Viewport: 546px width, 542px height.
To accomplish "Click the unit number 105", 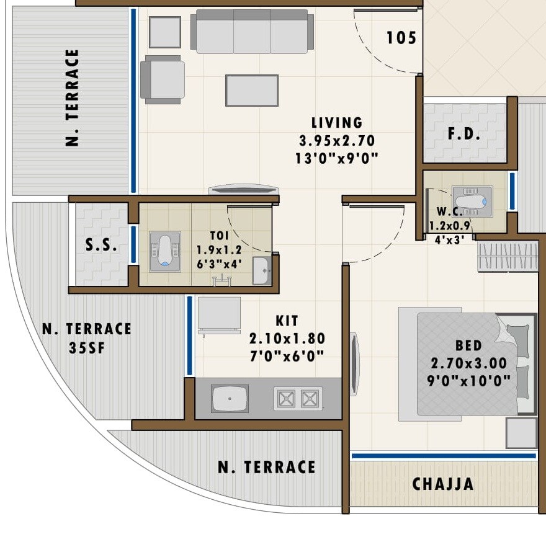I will (x=401, y=38).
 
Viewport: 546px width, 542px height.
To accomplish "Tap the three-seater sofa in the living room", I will (x=252, y=32).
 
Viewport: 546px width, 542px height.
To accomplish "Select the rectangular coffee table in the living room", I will (x=251, y=91).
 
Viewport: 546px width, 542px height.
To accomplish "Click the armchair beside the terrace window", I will (x=163, y=79).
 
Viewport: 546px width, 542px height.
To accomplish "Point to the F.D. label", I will (x=464, y=135).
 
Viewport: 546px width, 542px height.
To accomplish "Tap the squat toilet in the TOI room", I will (x=165, y=252).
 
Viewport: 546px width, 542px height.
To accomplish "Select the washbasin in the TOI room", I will (x=261, y=270).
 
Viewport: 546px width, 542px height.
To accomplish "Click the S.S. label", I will (x=101, y=245).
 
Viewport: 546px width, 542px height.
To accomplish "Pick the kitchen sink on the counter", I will (x=230, y=399).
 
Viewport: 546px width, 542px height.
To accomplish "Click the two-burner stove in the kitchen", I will (x=298, y=399).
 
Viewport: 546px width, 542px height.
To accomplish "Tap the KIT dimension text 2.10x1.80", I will (x=287, y=339).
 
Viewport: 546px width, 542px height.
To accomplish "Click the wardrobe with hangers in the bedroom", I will (x=507, y=256).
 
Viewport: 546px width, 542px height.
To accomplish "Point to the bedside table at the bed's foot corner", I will (x=521, y=432).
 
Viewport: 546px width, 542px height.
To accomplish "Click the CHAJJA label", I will (x=443, y=484).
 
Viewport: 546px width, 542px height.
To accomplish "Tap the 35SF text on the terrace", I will (x=87, y=347).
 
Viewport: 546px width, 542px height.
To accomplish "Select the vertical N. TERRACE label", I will (x=73, y=97).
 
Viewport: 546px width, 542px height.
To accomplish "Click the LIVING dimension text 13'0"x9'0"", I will (x=337, y=158).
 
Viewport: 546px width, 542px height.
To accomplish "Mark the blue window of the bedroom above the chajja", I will (x=443, y=456).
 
